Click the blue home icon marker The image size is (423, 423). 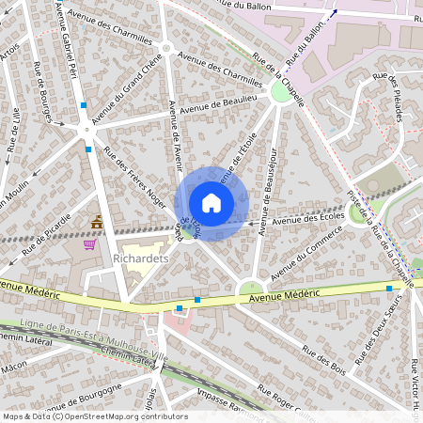[x=211, y=203]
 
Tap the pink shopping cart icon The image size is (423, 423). [x=90, y=244]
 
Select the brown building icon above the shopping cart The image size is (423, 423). [x=97, y=222]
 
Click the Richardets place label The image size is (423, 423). [x=139, y=256]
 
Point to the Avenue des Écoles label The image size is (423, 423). [x=311, y=219]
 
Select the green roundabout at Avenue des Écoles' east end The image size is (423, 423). [x=358, y=213]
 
